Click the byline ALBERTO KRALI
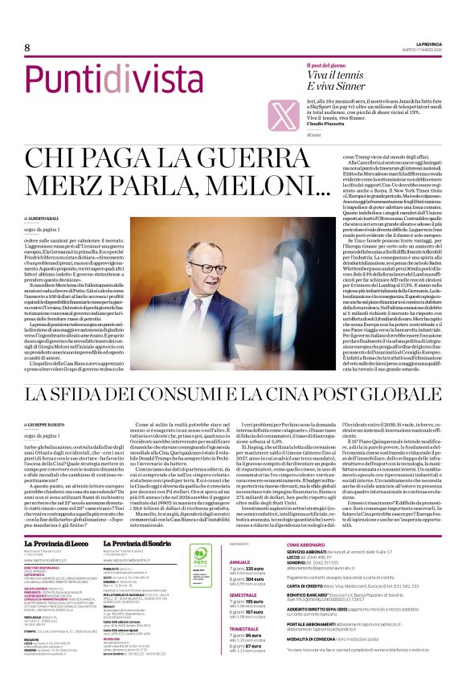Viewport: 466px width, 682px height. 49,218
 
